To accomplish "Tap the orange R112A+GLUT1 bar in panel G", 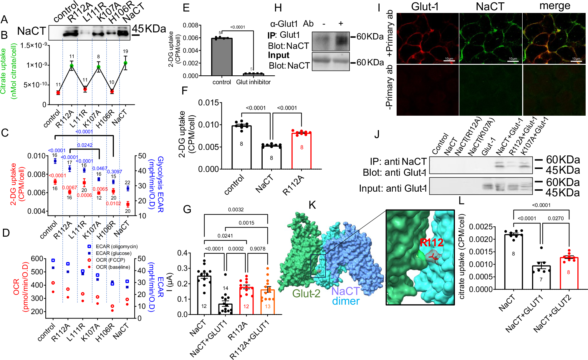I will pos(267,302).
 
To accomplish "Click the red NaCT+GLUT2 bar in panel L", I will pos(569,273).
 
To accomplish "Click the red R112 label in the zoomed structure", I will pos(431,243).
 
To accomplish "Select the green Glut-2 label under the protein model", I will pos(306,293).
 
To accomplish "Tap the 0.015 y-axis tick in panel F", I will pos(208,103).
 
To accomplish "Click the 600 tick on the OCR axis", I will pos(37,259).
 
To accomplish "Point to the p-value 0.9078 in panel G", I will pos(257,249).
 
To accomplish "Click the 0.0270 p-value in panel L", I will pos(556,218).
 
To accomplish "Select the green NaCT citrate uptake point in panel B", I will pos(125,63).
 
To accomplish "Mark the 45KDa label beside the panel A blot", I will pos(149,29).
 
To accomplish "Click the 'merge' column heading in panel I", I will pos(554,6).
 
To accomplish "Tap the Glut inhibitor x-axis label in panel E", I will pos(253,82).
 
